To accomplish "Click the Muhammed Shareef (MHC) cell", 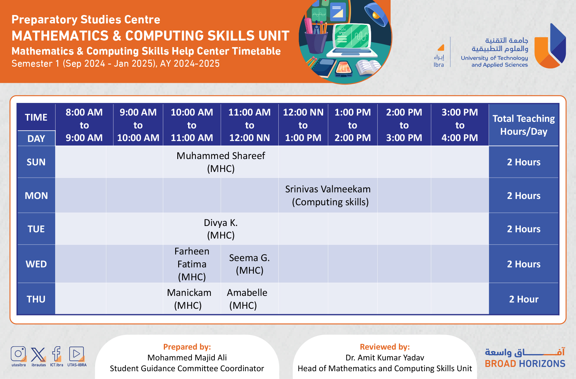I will coord(221,162).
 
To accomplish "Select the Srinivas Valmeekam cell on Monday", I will coord(328,195).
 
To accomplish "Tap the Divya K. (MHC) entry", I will coord(221,229).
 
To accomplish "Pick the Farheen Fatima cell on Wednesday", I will coord(192,264).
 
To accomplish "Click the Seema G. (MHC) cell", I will coord(249,264).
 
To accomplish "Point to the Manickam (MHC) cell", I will coord(189,299).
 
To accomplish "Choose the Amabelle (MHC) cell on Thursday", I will coord(247,299).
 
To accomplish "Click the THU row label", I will coord(36,299).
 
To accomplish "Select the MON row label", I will coord(36,195).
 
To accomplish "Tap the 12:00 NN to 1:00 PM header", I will coord(303,125).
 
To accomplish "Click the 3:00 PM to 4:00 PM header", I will coord(460,125).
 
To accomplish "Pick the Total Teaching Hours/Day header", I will coord(523,125).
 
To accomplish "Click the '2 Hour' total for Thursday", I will coord(523,299).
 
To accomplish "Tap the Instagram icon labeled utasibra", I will coord(18,354).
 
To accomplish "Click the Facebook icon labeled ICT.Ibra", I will coord(56,354).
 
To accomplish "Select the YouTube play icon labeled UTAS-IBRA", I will coord(76,354).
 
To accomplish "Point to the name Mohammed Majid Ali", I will coord(187,358).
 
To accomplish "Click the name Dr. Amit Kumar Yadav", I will coord(385,358).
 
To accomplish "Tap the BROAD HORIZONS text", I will coord(525,364).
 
